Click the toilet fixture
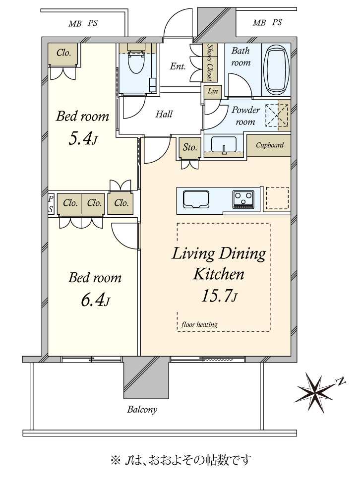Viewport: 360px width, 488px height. (x=136, y=60)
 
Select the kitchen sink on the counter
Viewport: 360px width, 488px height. (x=196, y=199)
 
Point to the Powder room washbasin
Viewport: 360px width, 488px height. (x=224, y=145)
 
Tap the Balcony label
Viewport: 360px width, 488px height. (x=142, y=410)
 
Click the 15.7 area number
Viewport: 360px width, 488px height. (x=219, y=296)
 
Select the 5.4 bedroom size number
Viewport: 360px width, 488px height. (x=82, y=139)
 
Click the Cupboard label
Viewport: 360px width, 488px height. (x=270, y=145)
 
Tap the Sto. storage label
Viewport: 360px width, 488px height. (x=190, y=147)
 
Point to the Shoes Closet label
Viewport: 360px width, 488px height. (x=211, y=62)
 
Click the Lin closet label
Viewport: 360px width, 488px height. (x=213, y=91)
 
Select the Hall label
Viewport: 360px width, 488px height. (x=164, y=114)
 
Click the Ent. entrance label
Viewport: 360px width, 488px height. (x=178, y=66)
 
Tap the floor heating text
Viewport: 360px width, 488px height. (x=199, y=325)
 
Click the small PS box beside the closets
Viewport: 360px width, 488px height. (x=51, y=204)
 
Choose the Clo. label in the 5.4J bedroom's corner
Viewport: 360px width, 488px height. (x=64, y=53)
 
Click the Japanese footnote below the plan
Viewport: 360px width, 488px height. (x=181, y=460)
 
